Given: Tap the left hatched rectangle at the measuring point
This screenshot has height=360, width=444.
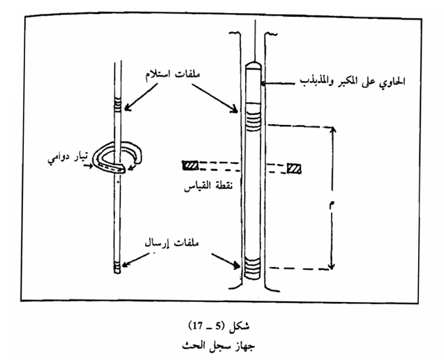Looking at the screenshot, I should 190,166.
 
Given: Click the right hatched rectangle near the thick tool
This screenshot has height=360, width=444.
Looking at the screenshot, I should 295,168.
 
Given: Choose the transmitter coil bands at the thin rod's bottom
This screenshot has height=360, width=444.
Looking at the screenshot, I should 117,265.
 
